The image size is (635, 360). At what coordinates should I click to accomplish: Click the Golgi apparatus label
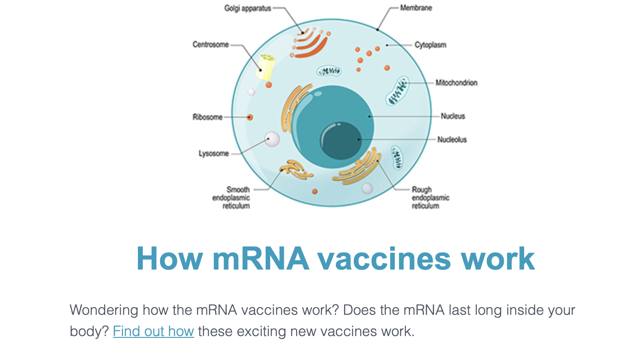click(x=247, y=8)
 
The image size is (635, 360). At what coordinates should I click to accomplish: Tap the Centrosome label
click(x=211, y=44)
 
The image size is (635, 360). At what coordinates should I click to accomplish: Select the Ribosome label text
click(x=207, y=117)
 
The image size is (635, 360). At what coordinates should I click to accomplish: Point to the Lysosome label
click(x=213, y=154)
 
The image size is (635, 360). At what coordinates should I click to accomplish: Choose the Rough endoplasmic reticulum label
click(x=430, y=198)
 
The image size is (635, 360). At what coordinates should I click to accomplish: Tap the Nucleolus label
click(x=452, y=140)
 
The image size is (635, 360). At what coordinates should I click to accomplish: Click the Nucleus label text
click(x=453, y=116)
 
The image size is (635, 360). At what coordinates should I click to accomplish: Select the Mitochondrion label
click(x=456, y=82)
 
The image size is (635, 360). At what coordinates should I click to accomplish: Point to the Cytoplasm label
click(x=430, y=45)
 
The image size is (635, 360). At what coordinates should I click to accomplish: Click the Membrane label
click(x=416, y=8)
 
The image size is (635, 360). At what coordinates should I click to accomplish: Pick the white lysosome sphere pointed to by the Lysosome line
click(x=271, y=139)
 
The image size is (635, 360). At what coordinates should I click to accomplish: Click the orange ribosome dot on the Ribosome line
click(x=250, y=117)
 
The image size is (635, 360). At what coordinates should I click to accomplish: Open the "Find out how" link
click(x=153, y=331)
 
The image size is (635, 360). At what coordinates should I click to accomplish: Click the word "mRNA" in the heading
click(x=261, y=258)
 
